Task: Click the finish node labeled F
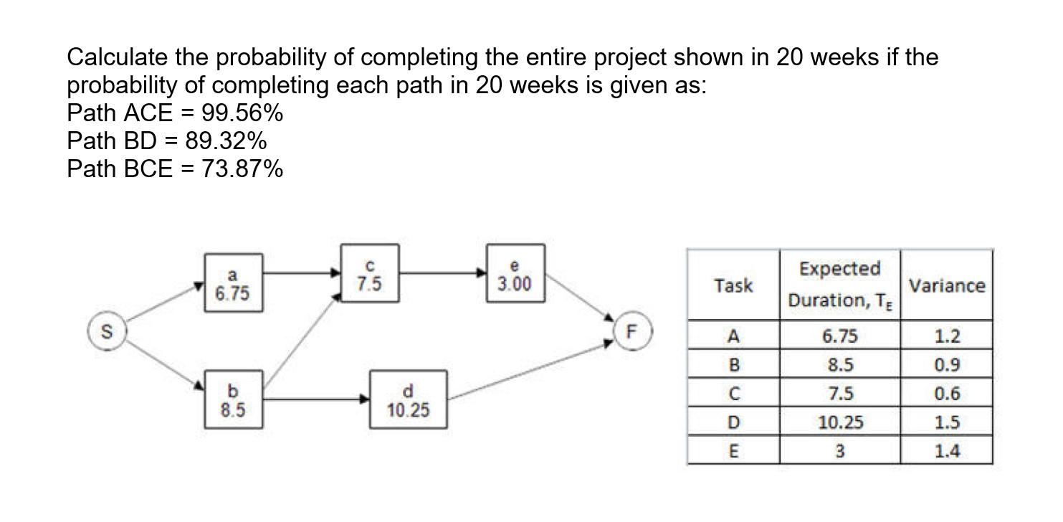tap(631, 332)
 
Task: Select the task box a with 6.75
tap(232, 284)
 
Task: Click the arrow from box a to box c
tap(301, 272)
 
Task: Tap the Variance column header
tap(946, 285)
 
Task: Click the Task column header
tap(733, 285)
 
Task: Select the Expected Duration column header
tap(840, 285)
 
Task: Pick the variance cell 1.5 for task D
tap(946, 422)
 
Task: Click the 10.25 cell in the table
tap(840, 422)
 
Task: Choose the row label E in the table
tap(733, 452)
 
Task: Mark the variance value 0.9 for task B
tap(946, 365)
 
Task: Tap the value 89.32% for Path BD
tap(226, 141)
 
